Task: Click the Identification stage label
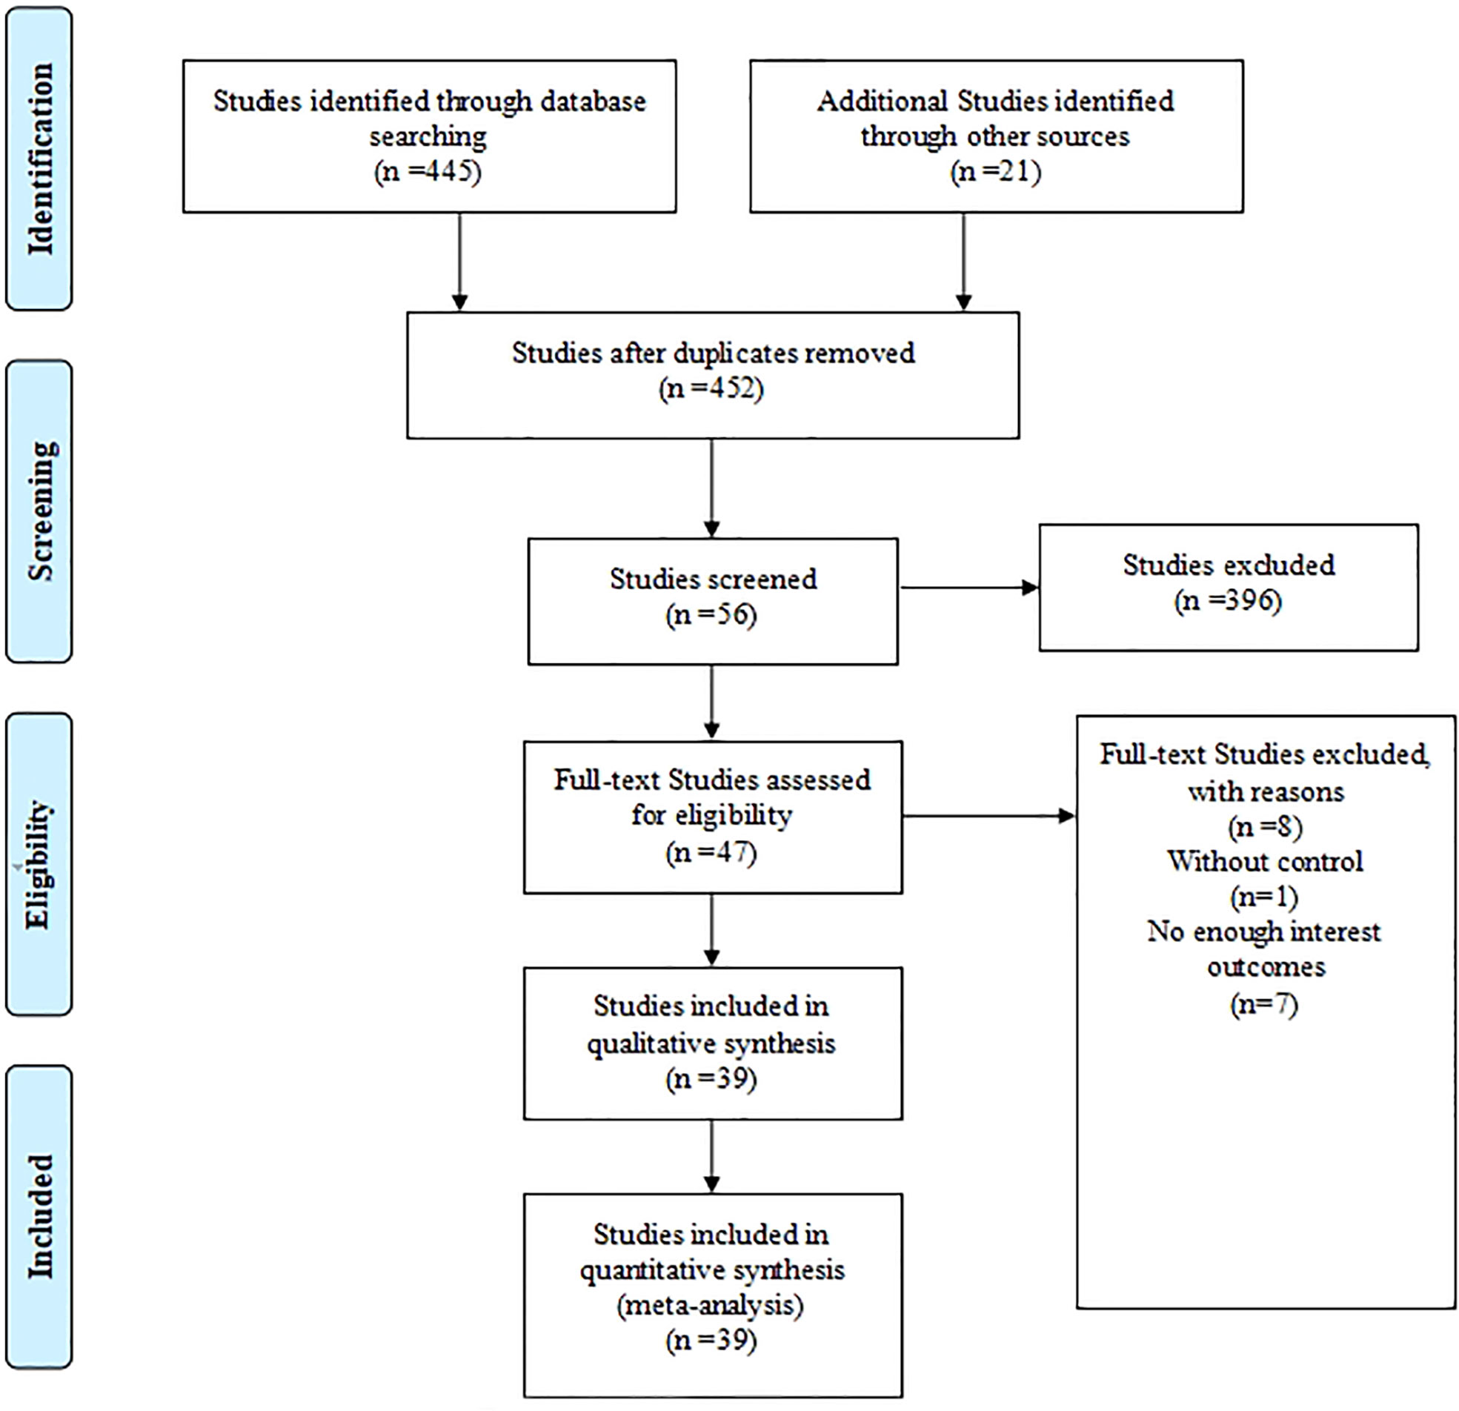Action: coord(40,159)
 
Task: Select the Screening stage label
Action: coord(40,511)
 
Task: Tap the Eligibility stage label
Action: coord(39,864)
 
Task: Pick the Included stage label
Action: coord(40,1217)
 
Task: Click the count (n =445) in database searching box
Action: coord(428,171)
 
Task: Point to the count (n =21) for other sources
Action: coord(995,171)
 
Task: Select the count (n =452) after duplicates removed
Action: coord(711,388)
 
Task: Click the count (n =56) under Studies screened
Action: coord(711,614)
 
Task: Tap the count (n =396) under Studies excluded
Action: coord(1229,600)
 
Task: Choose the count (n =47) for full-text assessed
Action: coord(711,851)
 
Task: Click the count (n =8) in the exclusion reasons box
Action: coord(1266,826)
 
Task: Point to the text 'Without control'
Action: coord(1266,860)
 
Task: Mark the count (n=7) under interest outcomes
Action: coord(1265,1003)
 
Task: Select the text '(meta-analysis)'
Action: coord(711,1305)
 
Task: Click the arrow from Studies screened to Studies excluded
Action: coord(969,588)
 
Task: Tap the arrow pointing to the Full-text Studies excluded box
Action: coord(989,816)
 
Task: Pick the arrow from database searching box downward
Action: coord(460,262)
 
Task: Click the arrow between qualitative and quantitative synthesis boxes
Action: coord(711,1155)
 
